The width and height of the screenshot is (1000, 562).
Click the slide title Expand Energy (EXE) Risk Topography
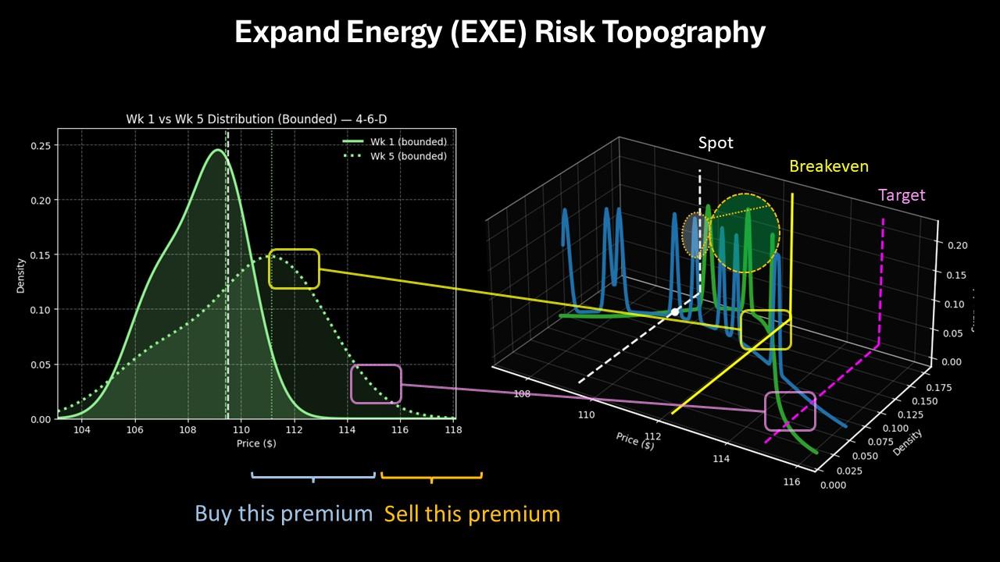pyautogui.click(x=500, y=33)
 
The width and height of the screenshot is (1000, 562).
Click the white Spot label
pyautogui.click(x=716, y=144)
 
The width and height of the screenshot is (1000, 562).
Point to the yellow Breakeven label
pyautogui.click(x=828, y=166)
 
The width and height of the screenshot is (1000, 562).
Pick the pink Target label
pyautogui.click(x=902, y=195)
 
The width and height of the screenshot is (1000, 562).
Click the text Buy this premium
pyautogui.click(x=284, y=514)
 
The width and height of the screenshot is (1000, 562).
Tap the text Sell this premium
pyautogui.click(x=472, y=514)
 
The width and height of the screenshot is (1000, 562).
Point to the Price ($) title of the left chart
pyautogui.click(x=256, y=443)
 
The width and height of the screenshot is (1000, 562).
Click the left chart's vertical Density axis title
pyautogui.click(x=21, y=275)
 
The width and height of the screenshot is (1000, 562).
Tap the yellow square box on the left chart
pyautogui.click(x=294, y=269)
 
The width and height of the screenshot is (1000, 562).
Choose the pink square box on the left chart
pyautogui.click(x=376, y=384)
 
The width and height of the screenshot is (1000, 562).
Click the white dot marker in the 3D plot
pyautogui.click(x=675, y=312)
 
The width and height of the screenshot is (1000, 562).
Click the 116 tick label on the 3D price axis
pyautogui.click(x=791, y=482)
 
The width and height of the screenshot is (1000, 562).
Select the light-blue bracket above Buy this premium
pyautogui.click(x=313, y=475)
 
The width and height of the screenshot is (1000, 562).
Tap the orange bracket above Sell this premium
pyautogui.click(x=431, y=475)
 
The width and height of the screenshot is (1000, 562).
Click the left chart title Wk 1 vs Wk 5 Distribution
pyautogui.click(x=256, y=119)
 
